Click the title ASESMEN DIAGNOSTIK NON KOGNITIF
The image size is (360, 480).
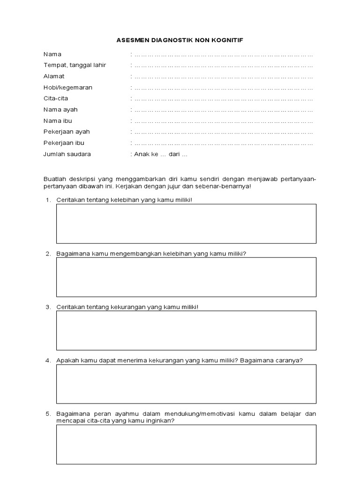coord(180,41)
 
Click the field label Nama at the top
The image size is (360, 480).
coord(52,54)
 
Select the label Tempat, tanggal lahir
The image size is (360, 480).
coord(75,65)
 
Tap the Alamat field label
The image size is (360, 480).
coord(54,76)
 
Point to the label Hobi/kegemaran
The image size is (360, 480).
coord(68,87)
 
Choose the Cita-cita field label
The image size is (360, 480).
coord(56,98)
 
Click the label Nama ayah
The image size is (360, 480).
coord(60,110)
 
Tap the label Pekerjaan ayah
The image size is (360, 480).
coord(67,132)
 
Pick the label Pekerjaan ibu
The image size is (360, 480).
coord(64,142)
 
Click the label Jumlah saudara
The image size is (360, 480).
coord(67,154)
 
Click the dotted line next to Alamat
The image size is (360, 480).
coord(224,76)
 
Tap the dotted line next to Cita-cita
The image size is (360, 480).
coord(224,99)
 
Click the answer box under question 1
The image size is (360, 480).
coord(186,224)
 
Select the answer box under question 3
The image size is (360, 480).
coord(186,330)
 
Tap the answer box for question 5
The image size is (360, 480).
coord(186,444)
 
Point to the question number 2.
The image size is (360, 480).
coord(48,254)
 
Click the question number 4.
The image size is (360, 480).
coord(48,360)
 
